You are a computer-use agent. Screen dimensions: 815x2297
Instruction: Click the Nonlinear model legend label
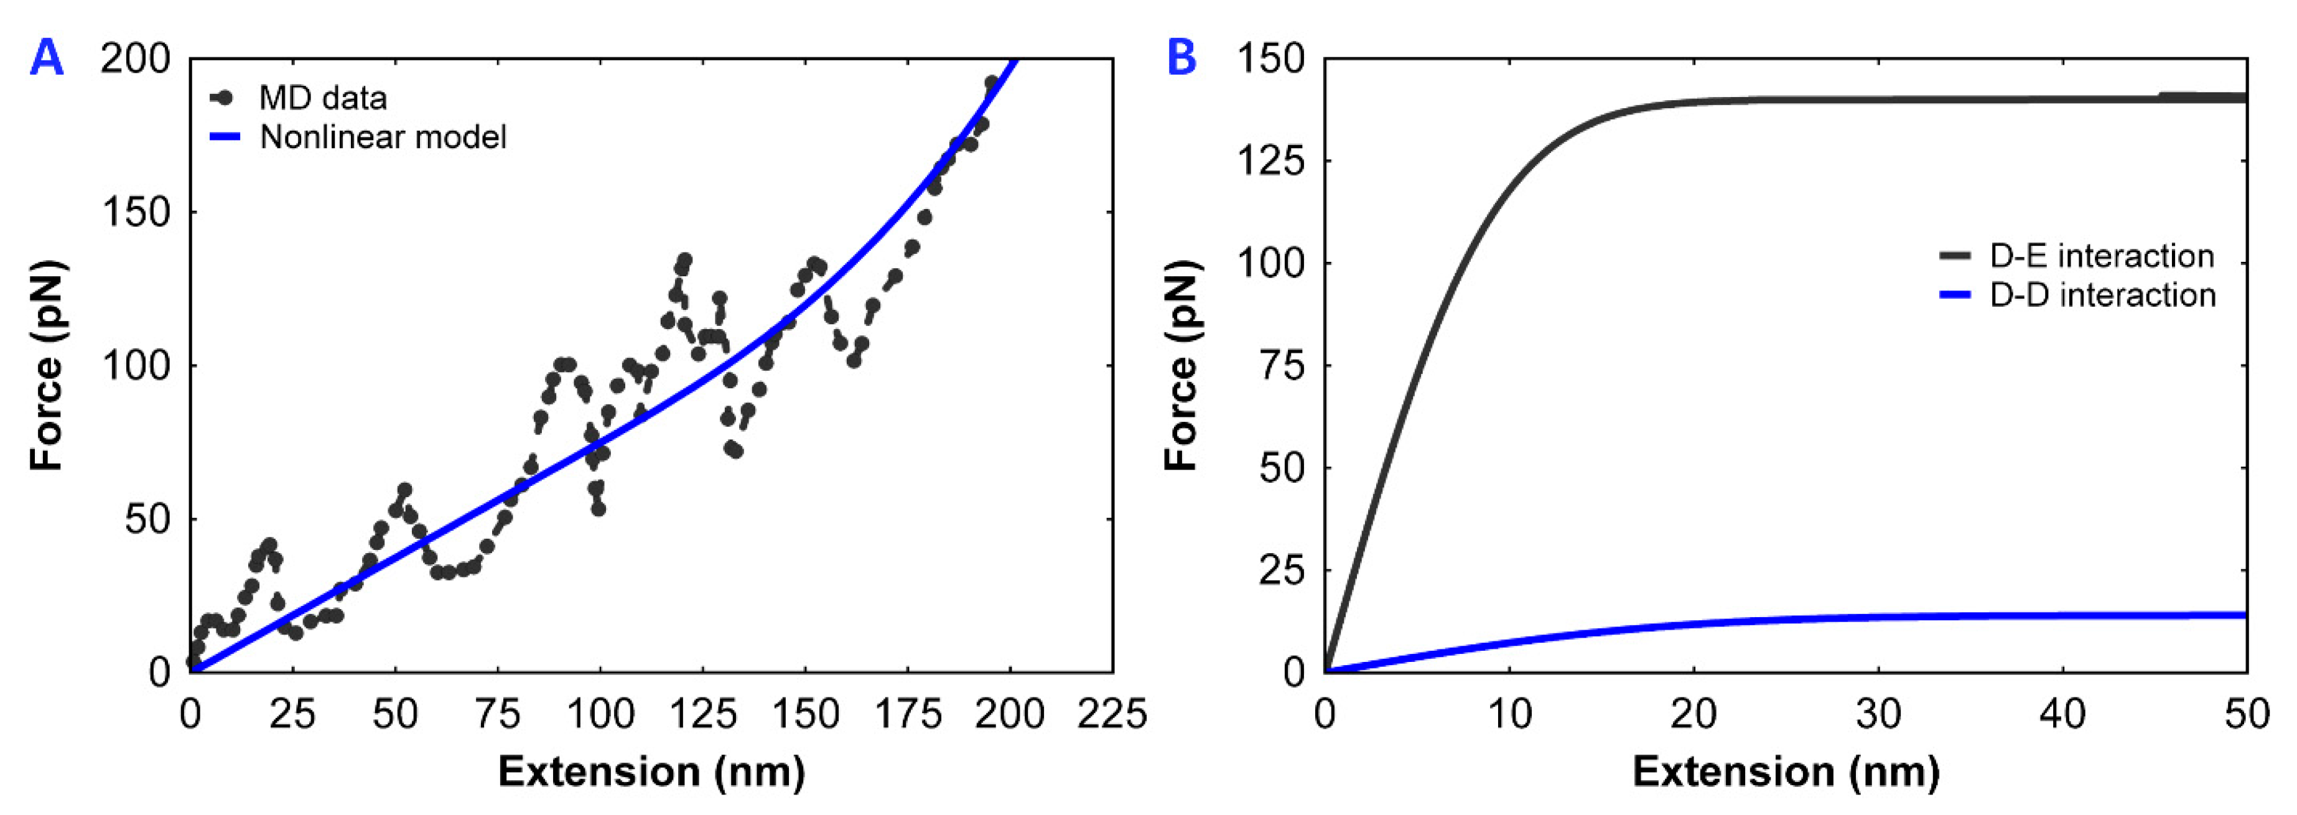(x=383, y=137)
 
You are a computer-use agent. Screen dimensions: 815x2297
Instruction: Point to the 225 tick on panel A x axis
(x=1111, y=714)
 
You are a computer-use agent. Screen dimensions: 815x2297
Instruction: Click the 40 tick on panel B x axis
(x=2062, y=714)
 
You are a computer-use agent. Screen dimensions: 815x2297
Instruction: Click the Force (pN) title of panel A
(x=47, y=366)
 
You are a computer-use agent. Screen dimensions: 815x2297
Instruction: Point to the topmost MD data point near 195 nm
(x=990, y=83)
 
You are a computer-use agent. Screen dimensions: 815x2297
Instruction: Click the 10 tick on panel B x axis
(x=1509, y=714)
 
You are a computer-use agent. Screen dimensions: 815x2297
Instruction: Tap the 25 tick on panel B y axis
(x=1282, y=570)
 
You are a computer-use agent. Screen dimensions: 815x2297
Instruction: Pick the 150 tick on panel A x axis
(x=805, y=714)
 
